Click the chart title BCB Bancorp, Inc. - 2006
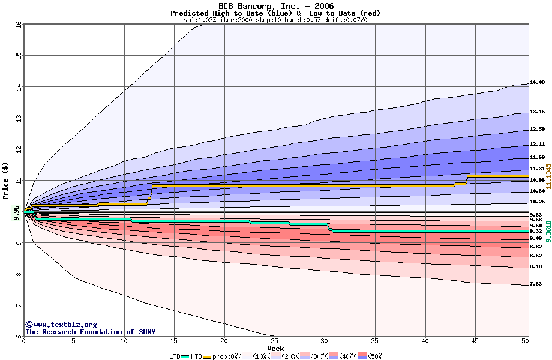pos(275,5)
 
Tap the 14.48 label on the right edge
pos(537,82)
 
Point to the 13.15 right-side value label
pos(537,112)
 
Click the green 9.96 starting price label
pos(17,212)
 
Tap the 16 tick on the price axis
pos(18,25)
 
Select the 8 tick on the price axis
pos(18,274)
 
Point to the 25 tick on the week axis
pos(274,341)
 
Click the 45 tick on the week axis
pos(475,341)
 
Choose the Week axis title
pos(275,349)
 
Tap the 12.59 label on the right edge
pos(537,129)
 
